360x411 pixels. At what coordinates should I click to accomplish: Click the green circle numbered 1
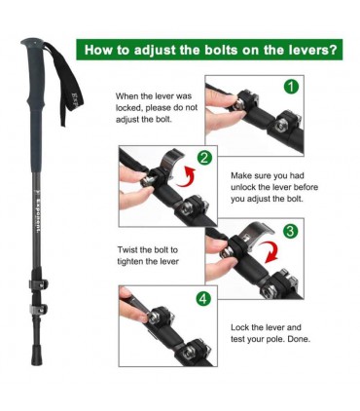291,87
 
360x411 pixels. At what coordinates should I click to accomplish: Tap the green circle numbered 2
204,158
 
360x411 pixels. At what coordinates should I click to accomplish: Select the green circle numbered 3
290,231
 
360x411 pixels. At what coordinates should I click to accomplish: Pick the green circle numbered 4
203,299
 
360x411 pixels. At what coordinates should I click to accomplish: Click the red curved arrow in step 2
187,177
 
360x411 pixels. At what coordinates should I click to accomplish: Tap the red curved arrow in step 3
271,251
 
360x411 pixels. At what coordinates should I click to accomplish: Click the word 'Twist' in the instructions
126,249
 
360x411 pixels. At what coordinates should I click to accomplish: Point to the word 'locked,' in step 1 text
128,108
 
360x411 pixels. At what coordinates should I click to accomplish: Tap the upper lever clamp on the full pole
38,284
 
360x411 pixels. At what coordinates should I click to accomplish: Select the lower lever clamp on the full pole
39,309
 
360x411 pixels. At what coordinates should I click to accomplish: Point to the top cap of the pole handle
32,42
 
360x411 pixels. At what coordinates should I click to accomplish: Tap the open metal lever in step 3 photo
256,232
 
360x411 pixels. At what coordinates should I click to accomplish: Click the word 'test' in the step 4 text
237,339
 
